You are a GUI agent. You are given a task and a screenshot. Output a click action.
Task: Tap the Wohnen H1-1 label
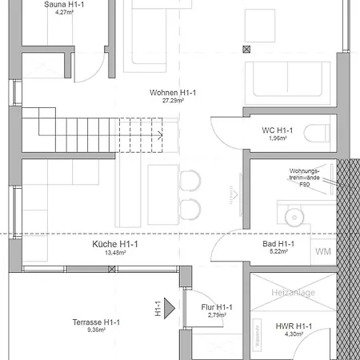pyautogui.click(x=173, y=94)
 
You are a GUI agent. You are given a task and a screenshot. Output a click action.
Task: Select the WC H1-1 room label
pyautogui.click(x=277, y=130)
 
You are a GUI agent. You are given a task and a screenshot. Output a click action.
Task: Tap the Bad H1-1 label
pyautogui.click(x=278, y=244)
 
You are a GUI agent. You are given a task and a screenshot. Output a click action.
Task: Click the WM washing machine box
pyautogui.click(x=323, y=252)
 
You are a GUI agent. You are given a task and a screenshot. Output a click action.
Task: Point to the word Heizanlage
pyautogui.click(x=293, y=293)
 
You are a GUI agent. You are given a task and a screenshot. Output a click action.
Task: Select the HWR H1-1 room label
pyautogui.click(x=293, y=326)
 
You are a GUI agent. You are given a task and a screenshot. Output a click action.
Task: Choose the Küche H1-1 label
pyautogui.click(x=115, y=244)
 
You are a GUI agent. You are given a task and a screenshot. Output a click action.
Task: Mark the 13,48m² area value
pyautogui.click(x=115, y=252)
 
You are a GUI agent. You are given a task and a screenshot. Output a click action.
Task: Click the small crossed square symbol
pyautogui.click(x=246, y=49)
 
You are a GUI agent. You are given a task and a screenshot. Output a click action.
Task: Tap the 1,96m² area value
pyautogui.click(x=277, y=138)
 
